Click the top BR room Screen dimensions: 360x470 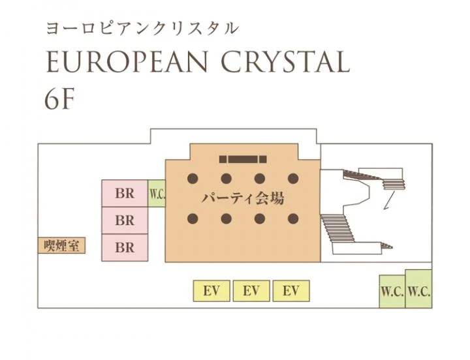125,193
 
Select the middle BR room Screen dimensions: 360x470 125,220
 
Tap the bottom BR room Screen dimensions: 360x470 125,248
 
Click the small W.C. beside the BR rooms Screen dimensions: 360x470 157,194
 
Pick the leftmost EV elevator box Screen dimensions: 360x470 211,291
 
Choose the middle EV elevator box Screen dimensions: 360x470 251,291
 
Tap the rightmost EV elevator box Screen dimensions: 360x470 291,291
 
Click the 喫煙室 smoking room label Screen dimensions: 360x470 61,246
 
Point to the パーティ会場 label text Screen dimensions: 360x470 243,198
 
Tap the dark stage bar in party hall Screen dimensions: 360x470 243,159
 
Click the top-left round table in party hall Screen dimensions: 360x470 193,178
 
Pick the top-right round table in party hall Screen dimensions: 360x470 293,178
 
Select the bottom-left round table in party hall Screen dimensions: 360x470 193,218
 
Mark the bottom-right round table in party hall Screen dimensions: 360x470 293,218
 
